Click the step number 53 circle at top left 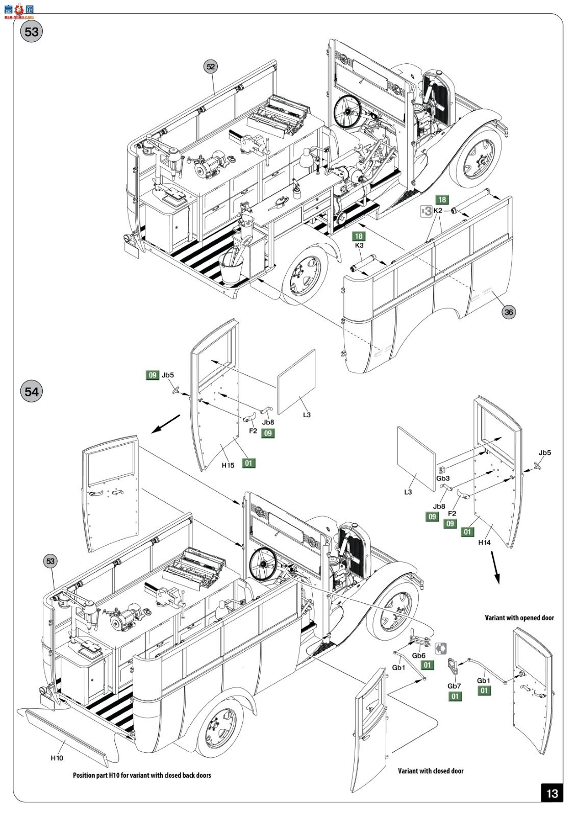[32, 32]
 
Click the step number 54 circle [32, 391]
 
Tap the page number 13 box [552, 793]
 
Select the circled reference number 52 [211, 66]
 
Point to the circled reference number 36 [509, 312]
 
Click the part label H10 [57, 758]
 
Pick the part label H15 [228, 465]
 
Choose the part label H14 [484, 542]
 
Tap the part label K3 [359, 245]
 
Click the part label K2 [438, 210]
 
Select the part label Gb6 [419, 656]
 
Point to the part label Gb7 [454, 686]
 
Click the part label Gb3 [443, 478]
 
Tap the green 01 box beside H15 [248, 463]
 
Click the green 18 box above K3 [359, 236]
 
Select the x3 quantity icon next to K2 [425, 211]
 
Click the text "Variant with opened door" [519, 618]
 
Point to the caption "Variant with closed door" [431, 771]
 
